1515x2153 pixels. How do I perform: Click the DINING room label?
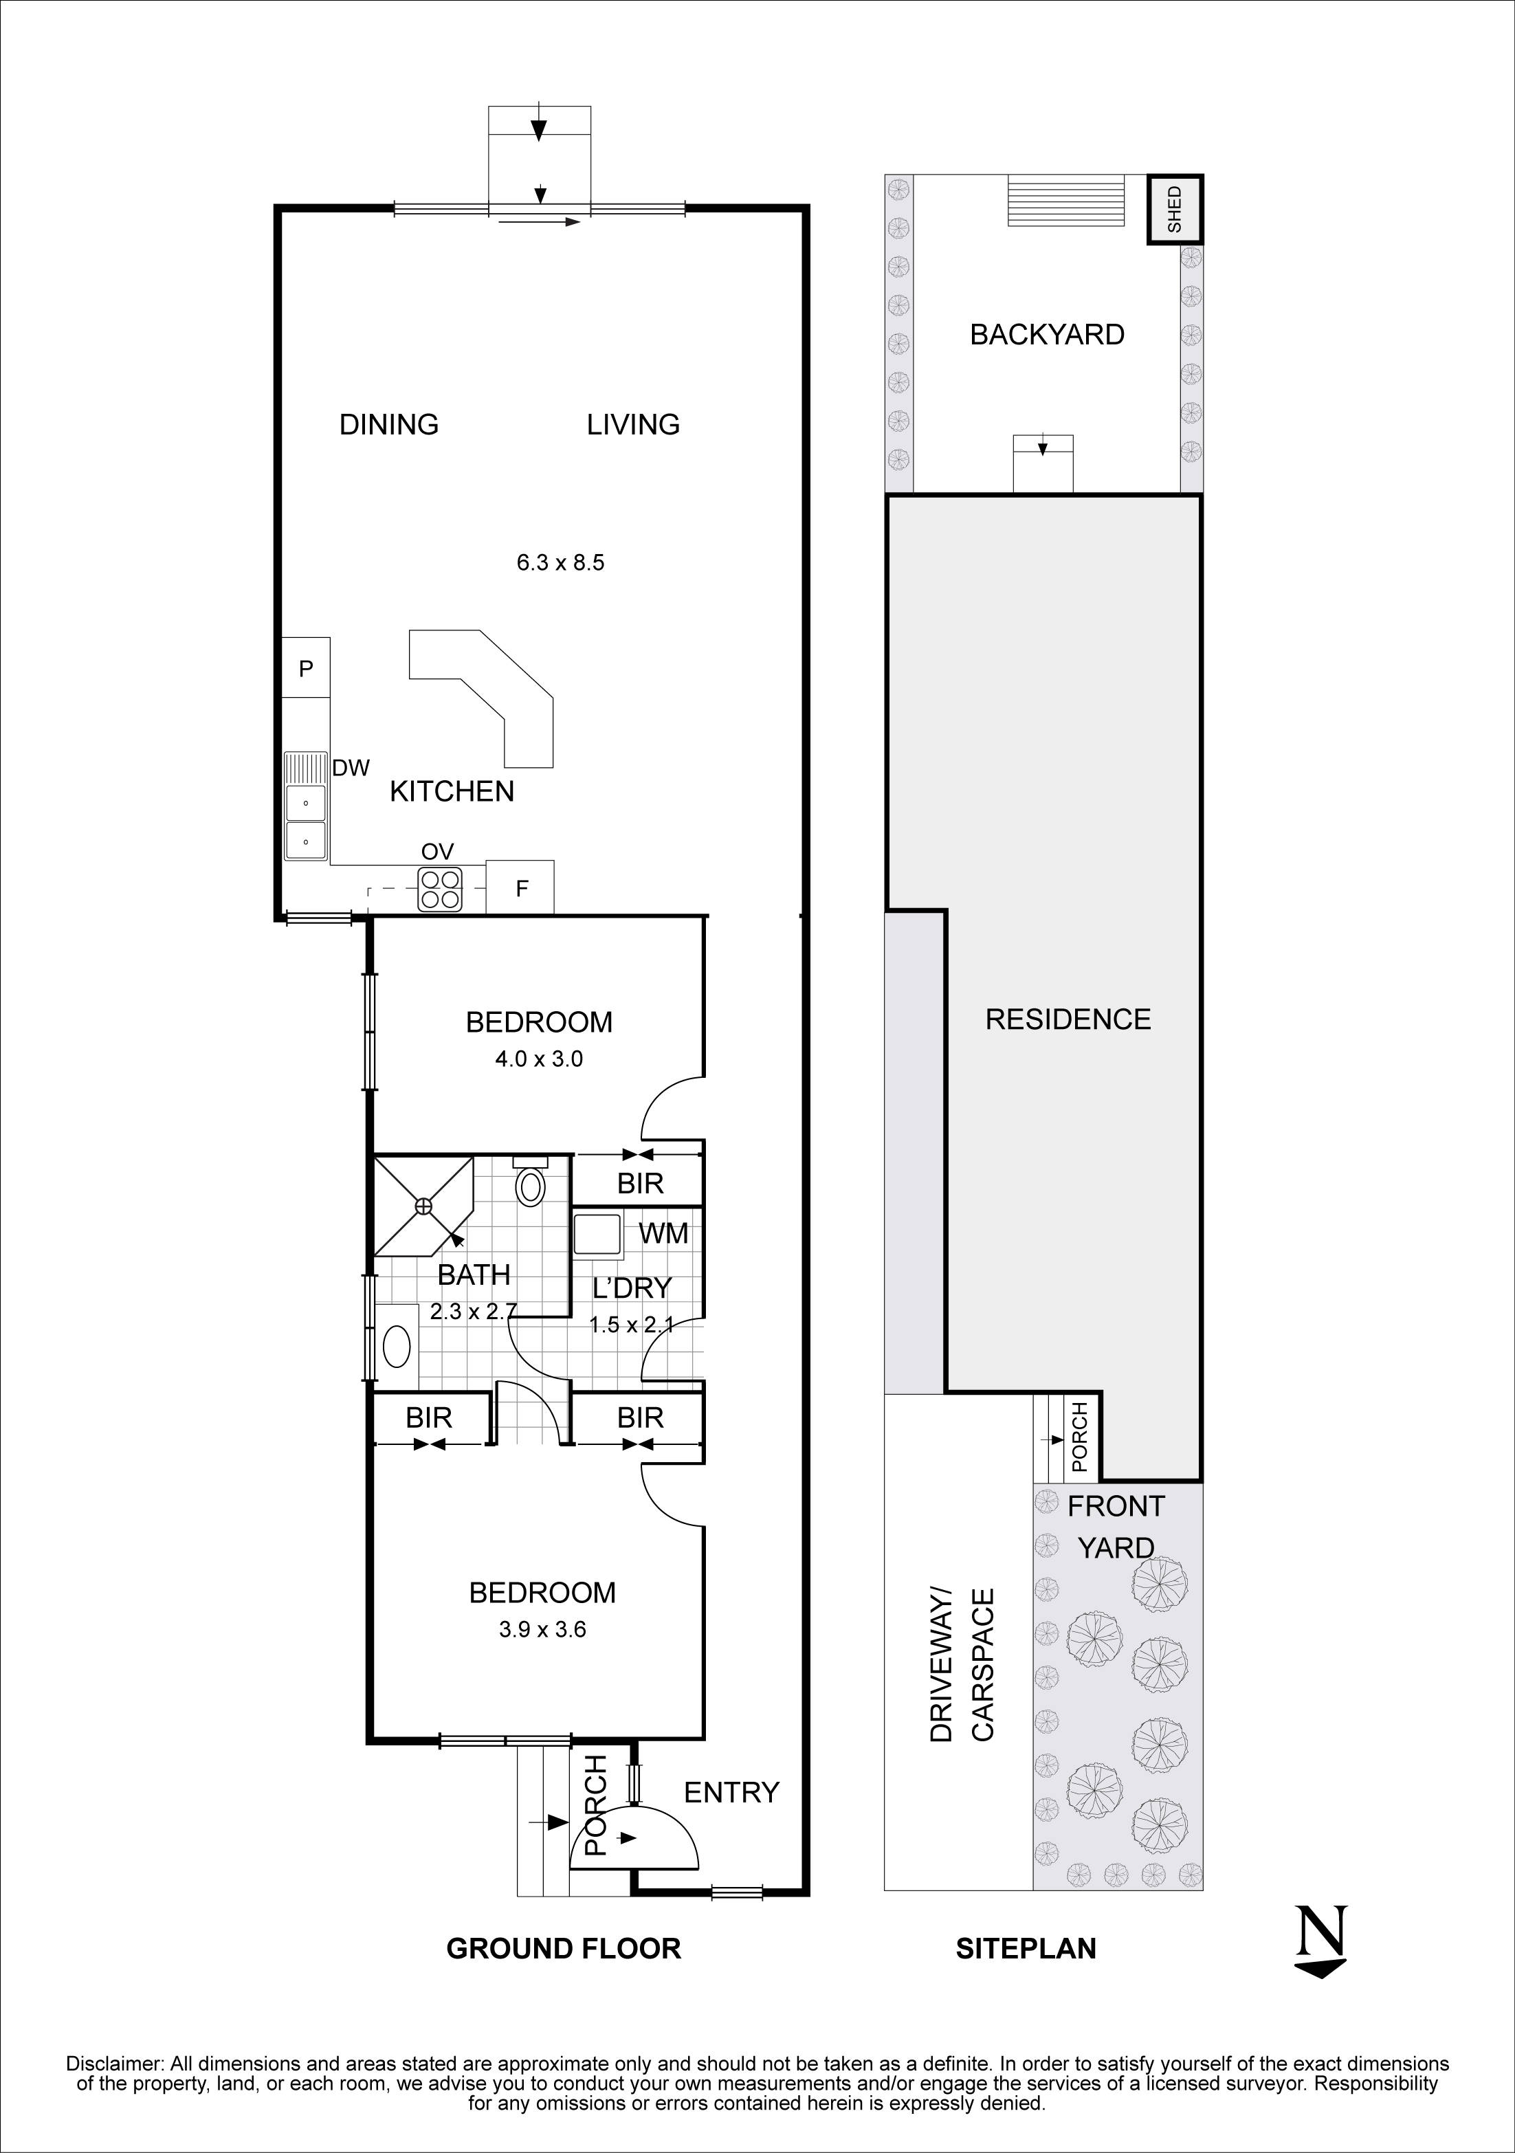pyautogui.click(x=388, y=425)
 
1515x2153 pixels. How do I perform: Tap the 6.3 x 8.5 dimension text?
pyautogui.click(x=560, y=562)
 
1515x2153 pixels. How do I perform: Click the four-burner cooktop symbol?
pyautogui.click(x=440, y=889)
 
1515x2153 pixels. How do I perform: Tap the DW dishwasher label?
pyautogui.click(x=351, y=768)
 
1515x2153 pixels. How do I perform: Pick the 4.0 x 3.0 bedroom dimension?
pyautogui.click(x=539, y=1059)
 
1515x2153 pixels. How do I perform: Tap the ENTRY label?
pyautogui.click(x=731, y=1793)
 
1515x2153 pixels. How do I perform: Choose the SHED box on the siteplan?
pyautogui.click(x=1175, y=209)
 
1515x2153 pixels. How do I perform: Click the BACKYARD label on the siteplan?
pyautogui.click(x=1046, y=335)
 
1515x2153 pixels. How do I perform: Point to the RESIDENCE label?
pyautogui.click(x=1067, y=1019)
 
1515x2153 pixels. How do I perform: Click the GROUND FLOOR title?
pyautogui.click(x=564, y=1949)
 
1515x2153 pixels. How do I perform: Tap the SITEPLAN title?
pyautogui.click(x=1026, y=1949)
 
